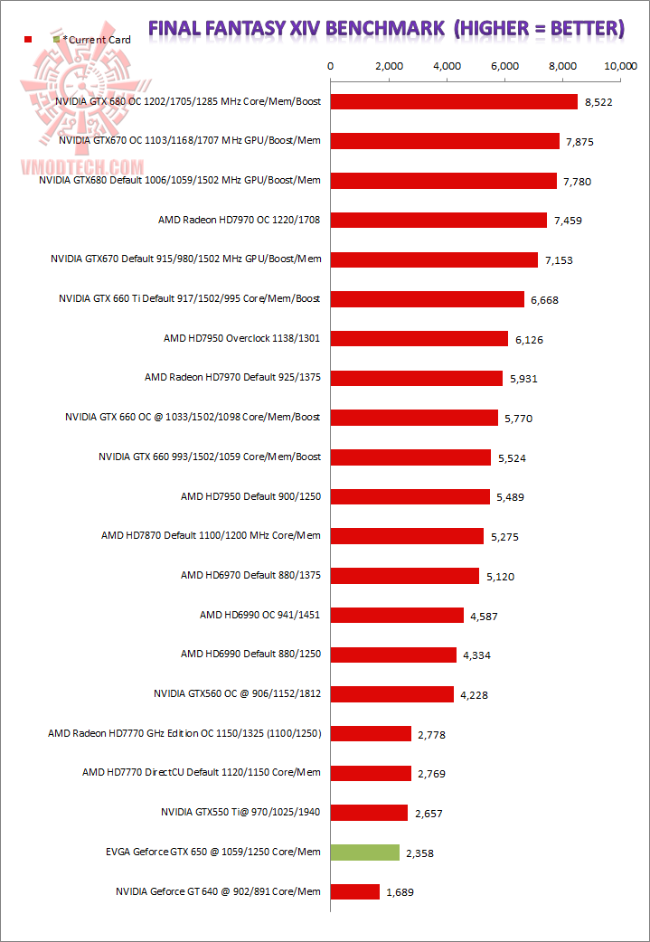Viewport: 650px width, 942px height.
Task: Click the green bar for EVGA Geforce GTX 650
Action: (365, 852)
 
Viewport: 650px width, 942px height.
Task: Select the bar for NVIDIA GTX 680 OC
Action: (454, 101)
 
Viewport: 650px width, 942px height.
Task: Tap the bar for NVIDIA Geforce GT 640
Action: (355, 891)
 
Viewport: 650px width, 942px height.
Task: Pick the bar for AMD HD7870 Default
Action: (407, 535)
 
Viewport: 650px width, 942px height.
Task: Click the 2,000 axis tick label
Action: (388, 66)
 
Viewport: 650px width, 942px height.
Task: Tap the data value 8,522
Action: (598, 102)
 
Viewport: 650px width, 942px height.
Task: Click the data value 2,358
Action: (420, 853)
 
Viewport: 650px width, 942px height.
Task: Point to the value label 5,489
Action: (511, 497)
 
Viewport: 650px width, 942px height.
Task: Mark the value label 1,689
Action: (400, 892)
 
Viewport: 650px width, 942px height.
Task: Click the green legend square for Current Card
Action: (57, 40)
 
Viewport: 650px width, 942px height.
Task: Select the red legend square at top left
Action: (29, 40)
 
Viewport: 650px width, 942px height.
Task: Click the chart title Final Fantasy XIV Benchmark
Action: (386, 29)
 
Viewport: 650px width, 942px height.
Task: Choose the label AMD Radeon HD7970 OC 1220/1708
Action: (240, 220)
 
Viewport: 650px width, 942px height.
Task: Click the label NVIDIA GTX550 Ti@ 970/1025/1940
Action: (240, 812)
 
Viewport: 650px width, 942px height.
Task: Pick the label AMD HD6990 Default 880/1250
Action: (250, 654)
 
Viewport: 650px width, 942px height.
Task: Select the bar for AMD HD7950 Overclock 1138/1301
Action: (419, 338)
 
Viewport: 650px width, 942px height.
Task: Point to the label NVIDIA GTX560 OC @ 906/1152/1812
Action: (238, 693)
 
